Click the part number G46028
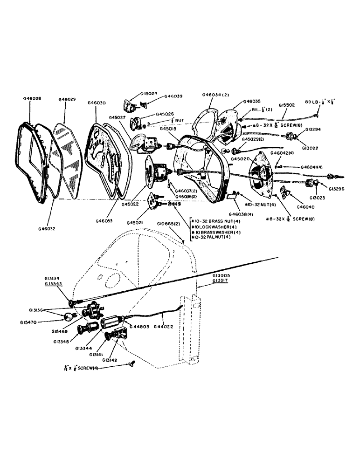(32, 99)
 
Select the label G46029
(69, 99)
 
